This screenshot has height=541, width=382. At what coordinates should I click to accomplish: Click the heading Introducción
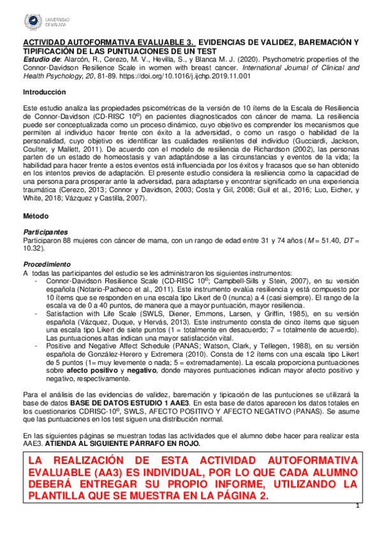44,92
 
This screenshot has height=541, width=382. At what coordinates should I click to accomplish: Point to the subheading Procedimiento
47,263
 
